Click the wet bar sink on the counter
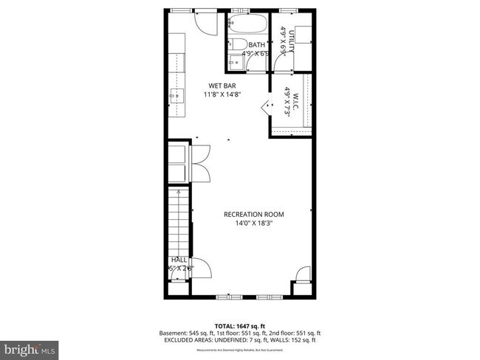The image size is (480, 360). point(174,94)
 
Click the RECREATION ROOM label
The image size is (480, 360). point(253,214)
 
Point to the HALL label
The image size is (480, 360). point(179,260)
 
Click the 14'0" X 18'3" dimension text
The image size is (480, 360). point(253,223)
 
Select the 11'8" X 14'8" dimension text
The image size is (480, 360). point(222,94)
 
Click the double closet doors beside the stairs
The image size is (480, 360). point(201,162)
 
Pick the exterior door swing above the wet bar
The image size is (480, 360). point(202,21)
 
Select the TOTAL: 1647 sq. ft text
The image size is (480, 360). point(239,325)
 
